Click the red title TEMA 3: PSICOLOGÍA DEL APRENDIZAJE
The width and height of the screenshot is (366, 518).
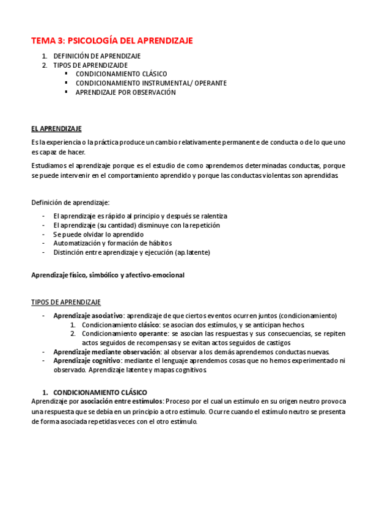pyautogui.click(x=112, y=41)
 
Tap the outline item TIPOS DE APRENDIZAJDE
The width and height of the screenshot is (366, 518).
pyautogui.click(x=90, y=65)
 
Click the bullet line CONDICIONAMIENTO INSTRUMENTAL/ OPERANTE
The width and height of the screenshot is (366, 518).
pyautogui.click(x=151, y=83)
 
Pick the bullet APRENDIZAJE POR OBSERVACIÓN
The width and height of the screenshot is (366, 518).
pyautogui.click(x=125, y=92)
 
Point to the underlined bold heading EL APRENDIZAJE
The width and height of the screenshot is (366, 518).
pyautogui.click(x=56, y=129)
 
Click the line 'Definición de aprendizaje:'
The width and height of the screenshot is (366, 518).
pyautogui.click(x=70, y=202)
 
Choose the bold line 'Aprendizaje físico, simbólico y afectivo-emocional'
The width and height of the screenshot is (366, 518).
pyautogui.click(x=108, y=275)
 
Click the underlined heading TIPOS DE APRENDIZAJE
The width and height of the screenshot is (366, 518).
pyautogui.click(x=66, y=302)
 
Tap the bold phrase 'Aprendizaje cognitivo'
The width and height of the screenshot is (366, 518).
pyautogui.click(x=86, y=360)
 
